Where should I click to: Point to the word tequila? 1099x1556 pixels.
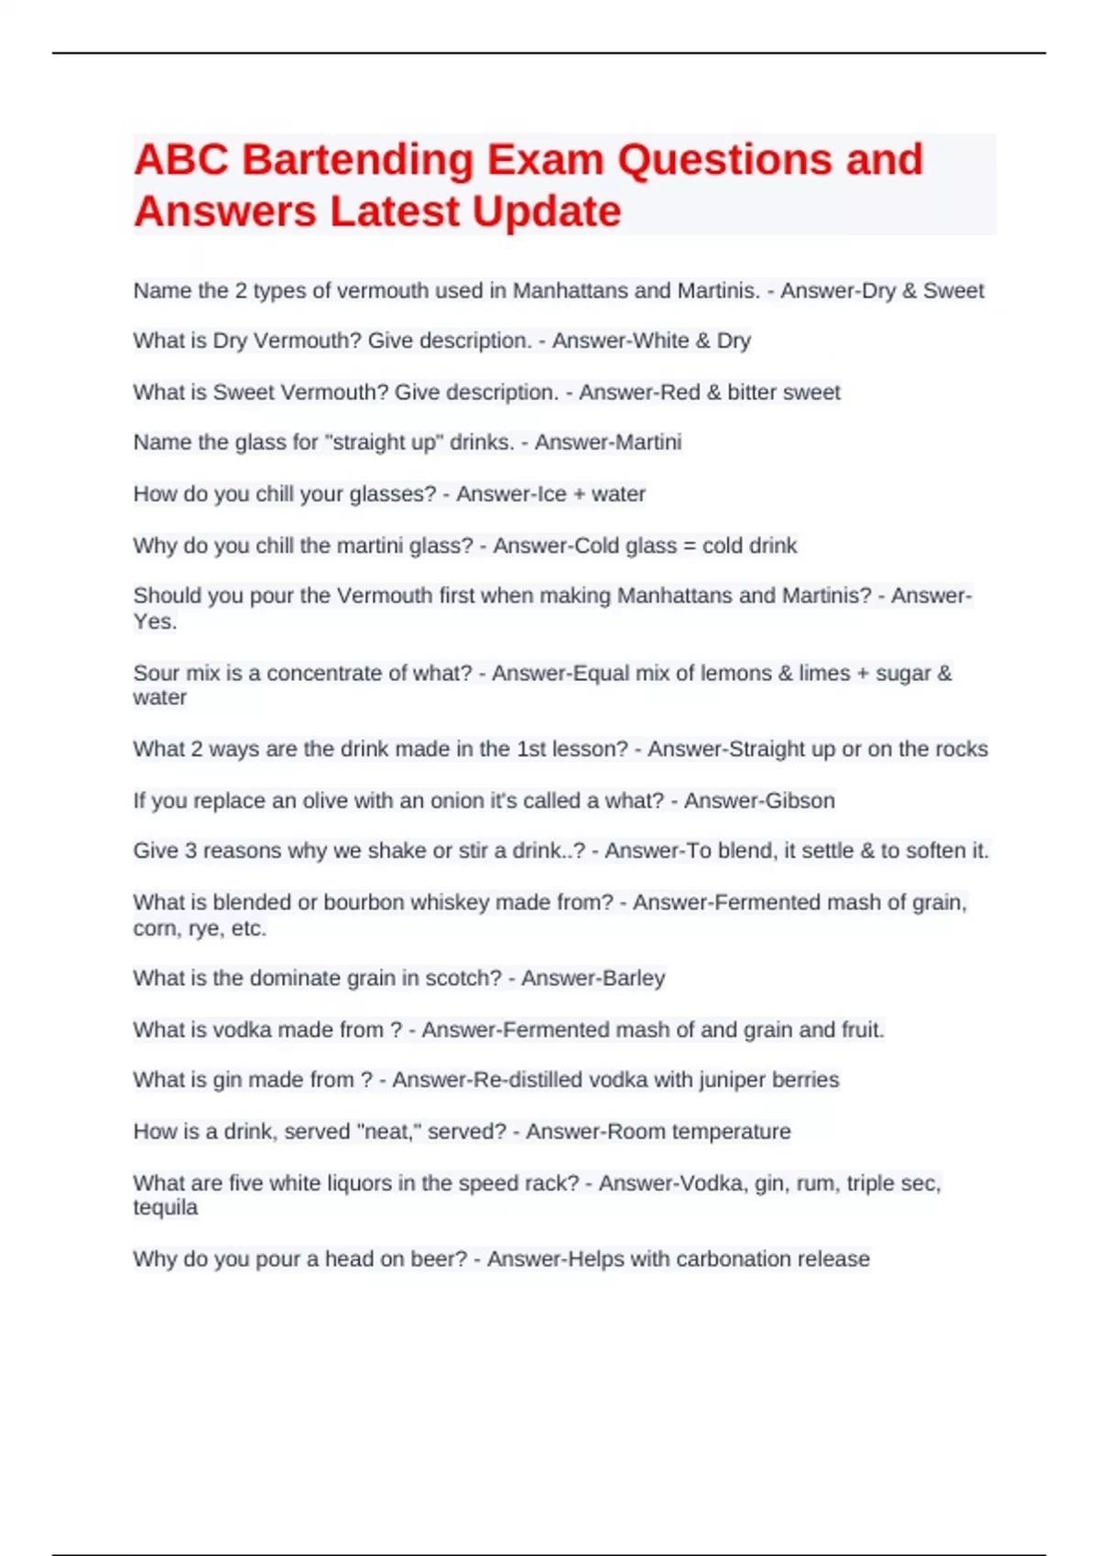pyautogui.click(x=165, y=1207)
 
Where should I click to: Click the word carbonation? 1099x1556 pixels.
pyautogui.click(x=710, y=1259)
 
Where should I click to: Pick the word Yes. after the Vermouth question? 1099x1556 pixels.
pyautogui.click(x=155, y=621)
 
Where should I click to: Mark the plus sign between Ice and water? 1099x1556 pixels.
pyautogui.click(x=579, y=494)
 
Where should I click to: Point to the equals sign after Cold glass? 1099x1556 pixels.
pyautogui.click(x=690, y=546)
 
